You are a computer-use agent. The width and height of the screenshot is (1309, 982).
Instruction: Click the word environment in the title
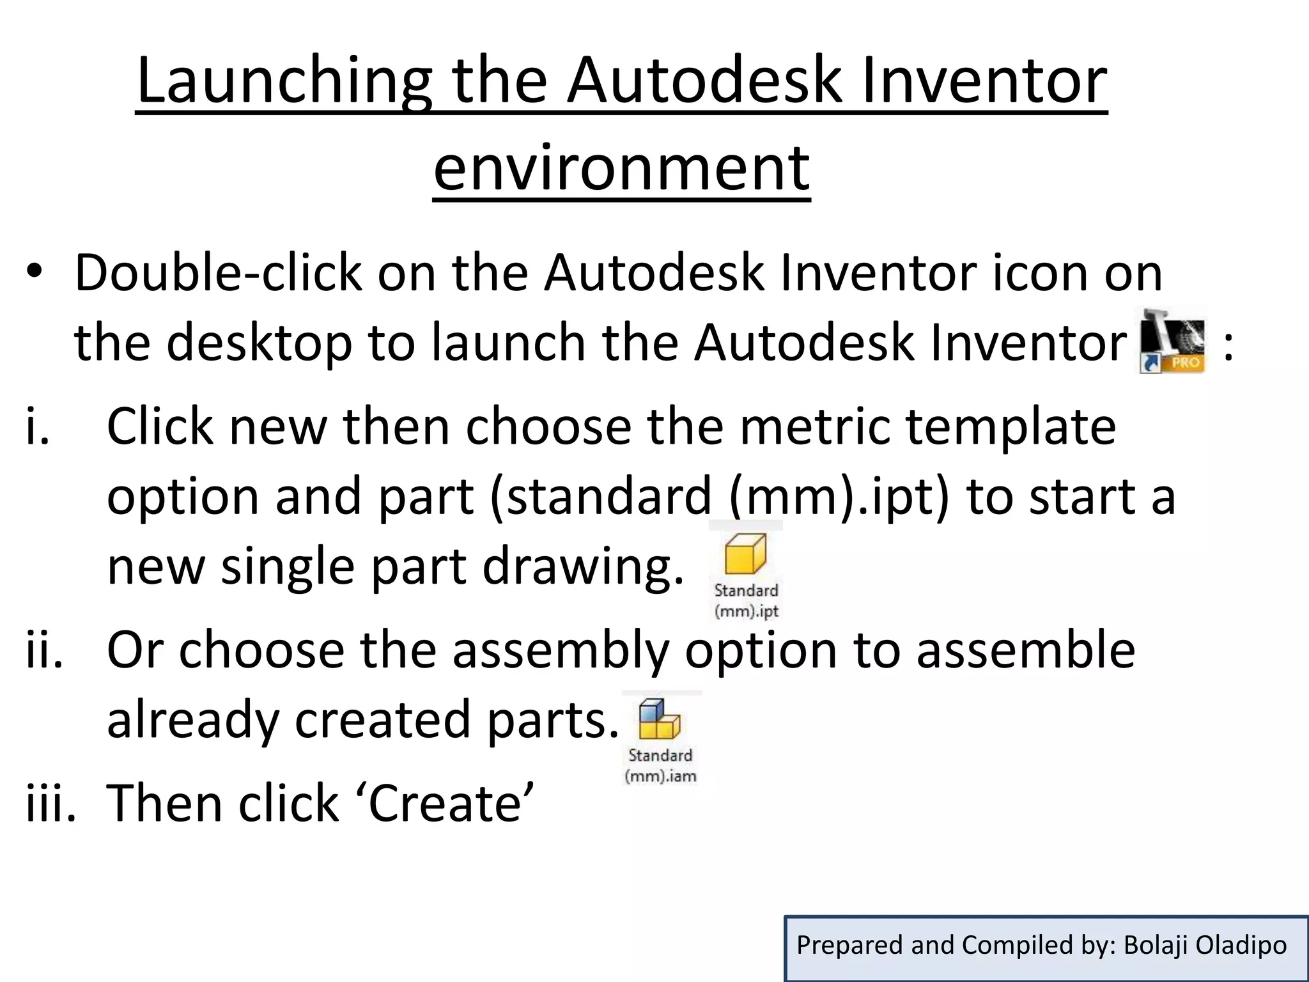621,168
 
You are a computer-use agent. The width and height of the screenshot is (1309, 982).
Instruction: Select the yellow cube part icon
745,554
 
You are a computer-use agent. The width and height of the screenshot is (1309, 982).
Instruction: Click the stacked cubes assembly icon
659,720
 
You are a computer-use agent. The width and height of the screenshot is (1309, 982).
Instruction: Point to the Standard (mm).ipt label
746,600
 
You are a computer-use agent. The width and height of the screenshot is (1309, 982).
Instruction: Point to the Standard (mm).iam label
660,765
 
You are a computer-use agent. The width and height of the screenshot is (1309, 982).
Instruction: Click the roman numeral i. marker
37,426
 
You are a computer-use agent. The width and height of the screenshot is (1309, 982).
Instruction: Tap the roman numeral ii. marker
44,650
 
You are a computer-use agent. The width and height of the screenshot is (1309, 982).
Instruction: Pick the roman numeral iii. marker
50,803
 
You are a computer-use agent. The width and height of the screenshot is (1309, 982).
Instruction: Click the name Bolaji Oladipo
1205,945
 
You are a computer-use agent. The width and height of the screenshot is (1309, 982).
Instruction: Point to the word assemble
1025,650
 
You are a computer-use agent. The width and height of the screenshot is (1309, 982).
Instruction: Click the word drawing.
582,566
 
